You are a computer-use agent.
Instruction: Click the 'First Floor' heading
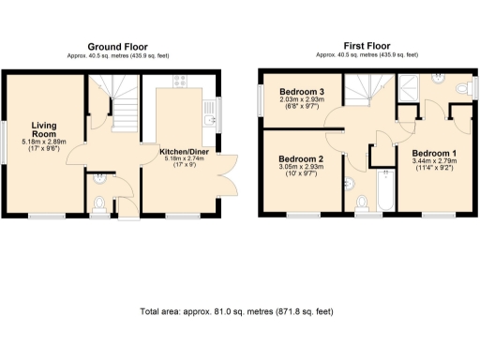click(x=367, y=46)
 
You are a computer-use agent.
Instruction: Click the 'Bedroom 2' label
click(x=301, y=160)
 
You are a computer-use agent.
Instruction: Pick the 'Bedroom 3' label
click(x=301, y=92)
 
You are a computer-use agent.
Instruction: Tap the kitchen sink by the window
click(x=210, y=117)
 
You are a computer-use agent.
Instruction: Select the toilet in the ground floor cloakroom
click(x=101, y=200)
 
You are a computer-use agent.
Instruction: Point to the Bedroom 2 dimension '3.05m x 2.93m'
click(x=301, y=171)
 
